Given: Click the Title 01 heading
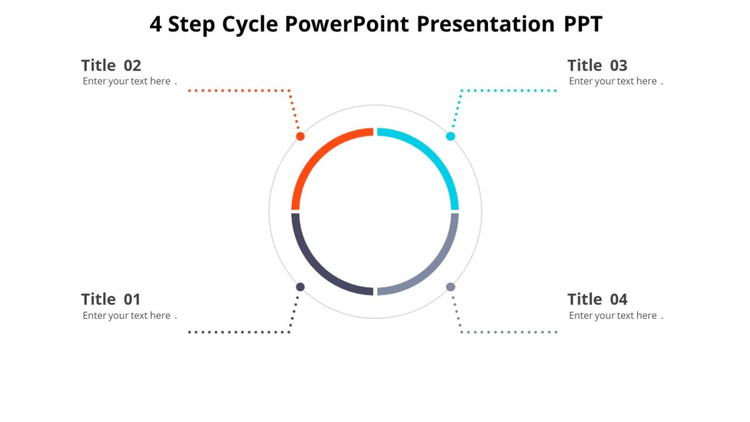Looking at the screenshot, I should pyautogui.click(x=111, y=299).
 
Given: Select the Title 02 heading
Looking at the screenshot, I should pyautogui.click(x=111, y=66).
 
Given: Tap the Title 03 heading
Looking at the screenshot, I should pyautogui.click(x=597, y=66).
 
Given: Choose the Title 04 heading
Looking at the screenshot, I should pyautogui.click(x=597, y=299).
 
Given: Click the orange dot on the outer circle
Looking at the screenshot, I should pyautogui.click(x=300, y=136).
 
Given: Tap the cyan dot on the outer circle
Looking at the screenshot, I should pyautogui.click(x=451, y=136).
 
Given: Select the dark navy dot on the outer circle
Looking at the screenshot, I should pyautogui.click(x=300, y=287).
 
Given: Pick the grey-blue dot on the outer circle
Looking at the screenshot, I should pyautogui.click(x=451, y=287).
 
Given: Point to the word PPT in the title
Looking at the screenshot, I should pyautogui.click(x=583, y=24).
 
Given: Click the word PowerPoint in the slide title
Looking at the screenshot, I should pyautogui.click(x=347, y=24).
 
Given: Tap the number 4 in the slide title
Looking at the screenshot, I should pyautogui.click(x=156, y=24).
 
